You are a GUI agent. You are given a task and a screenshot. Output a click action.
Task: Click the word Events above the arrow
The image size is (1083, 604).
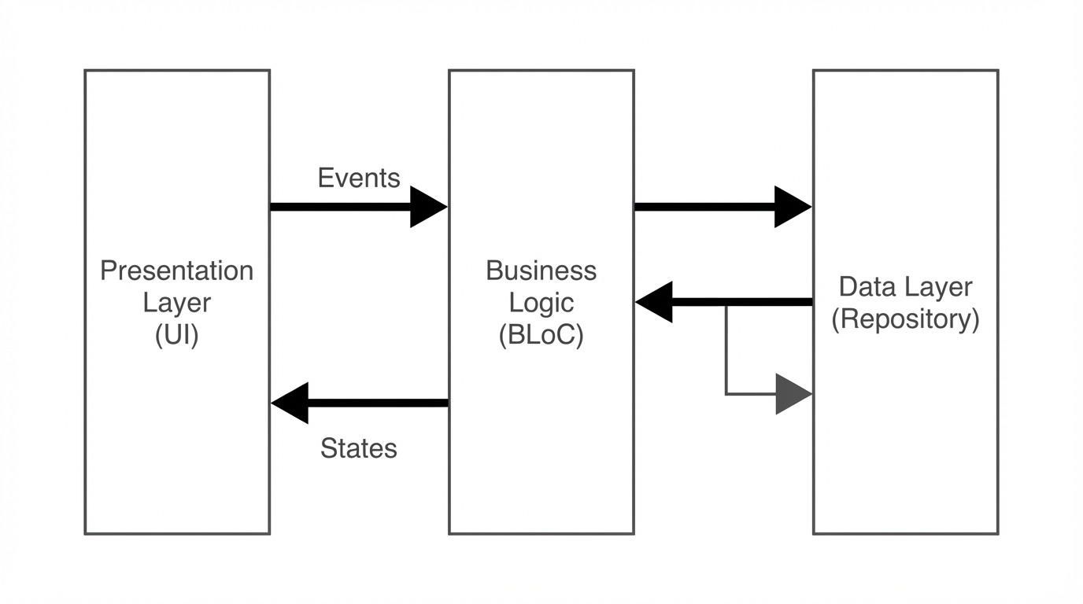pyautogui.click(x=359, y=178)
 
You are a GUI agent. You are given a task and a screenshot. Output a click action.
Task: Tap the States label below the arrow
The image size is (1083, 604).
pyautogui.click(x=359, y=448)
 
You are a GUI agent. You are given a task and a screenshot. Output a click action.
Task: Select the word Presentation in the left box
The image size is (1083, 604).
pyautogui.click(x=177, y=271)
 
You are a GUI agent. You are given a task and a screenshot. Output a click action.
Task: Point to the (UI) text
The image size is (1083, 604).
pyautogui.click(x=177, y=335)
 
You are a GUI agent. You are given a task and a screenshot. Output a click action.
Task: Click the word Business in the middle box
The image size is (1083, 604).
pyautogui.click(x=541, y=271)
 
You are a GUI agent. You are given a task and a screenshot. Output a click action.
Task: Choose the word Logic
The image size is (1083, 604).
pyautogui.click(x=541, y=303)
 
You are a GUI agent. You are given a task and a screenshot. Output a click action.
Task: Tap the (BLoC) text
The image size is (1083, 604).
pyautogui.click(x=541, y=335)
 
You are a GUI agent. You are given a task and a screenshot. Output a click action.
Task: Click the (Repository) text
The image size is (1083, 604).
pyautogui.click(x=906, y=319)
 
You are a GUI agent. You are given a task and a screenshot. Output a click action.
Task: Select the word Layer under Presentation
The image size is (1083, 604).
pyautogui.click(x=177, y=303)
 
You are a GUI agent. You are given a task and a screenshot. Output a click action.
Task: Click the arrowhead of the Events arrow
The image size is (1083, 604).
pyautogui.click(x=428, y=207)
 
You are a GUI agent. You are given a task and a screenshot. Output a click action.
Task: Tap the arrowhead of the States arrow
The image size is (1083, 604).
pyautogui.click(x=290, y=403)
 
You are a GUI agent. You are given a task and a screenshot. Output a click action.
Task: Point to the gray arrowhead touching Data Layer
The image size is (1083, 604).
pyautogui.click(x=793, y=393)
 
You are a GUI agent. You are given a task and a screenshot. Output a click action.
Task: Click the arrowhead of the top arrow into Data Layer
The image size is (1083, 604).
pyautogui.click(x=793, y=207)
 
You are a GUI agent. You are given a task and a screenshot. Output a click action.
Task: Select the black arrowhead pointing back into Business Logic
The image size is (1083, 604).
pyautogui.click(x=655, y=302)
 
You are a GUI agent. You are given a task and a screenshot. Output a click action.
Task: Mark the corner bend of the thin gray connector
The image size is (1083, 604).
pyautogui.click(x=726, y=393)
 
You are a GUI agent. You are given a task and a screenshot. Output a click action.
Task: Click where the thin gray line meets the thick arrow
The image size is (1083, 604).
pyautogui.click(x=726, y=304)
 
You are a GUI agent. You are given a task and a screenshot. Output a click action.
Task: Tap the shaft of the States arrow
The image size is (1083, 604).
pyautogui.click(x=378, y=403)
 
